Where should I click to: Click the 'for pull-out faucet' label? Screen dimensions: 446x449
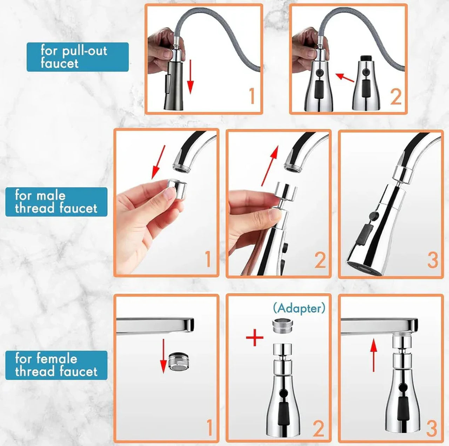(x=78, y=57)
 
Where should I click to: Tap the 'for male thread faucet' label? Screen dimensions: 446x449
(x=56, y=202)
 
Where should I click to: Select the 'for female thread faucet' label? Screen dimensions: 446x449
(x=56, y=365)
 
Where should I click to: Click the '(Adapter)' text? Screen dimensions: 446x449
(x=299, y=308)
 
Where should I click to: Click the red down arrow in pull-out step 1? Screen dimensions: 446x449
(x=190, y=77)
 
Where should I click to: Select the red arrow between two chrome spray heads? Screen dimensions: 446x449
(x=344, y=77)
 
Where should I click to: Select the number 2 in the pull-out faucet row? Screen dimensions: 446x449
(x=396, y=97)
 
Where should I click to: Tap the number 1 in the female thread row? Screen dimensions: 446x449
(x=209, y=428)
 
